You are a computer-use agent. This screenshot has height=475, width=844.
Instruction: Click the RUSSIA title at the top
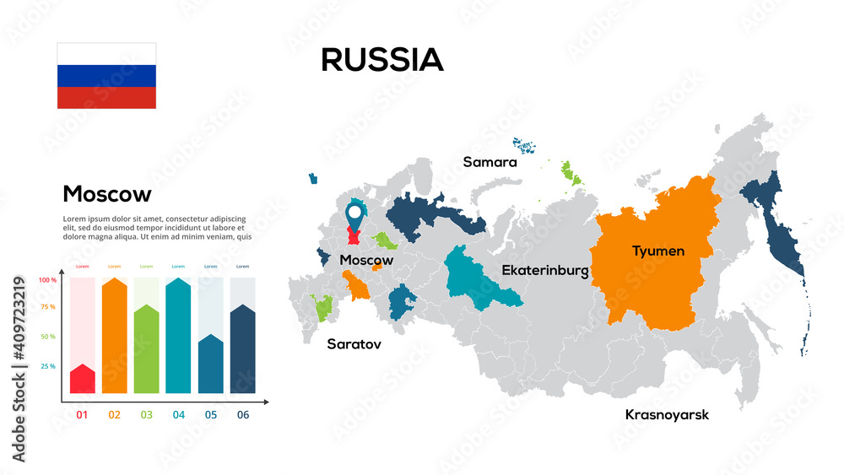click(382, 60)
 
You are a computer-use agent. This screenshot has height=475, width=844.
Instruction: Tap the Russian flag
click(106, 75)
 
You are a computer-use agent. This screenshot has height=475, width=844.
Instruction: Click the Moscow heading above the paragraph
click(107, 194)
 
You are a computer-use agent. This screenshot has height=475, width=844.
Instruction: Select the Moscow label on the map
click(366, 260)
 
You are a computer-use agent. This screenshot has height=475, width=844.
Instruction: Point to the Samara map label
click(490, 162)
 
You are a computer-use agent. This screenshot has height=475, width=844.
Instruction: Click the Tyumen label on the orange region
click(658, 251)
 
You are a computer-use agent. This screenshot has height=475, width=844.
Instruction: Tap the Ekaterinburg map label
click(544, 271)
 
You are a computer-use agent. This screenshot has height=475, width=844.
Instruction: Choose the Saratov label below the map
click(354, 344)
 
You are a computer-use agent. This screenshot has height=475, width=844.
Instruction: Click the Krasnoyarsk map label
click(667, 414)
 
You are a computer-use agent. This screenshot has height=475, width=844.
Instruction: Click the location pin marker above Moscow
click(355, 215)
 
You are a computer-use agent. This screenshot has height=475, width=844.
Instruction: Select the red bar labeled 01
click(82, 379)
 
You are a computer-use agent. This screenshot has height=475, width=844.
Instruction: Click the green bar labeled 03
click(146, 349)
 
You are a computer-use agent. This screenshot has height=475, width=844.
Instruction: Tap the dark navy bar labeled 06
click(243, 349)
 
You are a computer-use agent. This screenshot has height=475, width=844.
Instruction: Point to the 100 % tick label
click(47, 280)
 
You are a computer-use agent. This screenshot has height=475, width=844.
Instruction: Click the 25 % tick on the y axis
click(47, 366)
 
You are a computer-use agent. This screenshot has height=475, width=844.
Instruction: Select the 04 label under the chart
click(178, 414)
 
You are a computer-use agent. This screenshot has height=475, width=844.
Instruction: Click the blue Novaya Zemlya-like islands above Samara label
click(527, 147)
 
